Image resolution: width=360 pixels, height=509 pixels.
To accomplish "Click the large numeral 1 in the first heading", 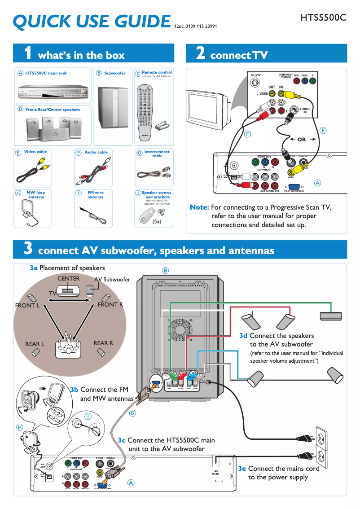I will (28, 54).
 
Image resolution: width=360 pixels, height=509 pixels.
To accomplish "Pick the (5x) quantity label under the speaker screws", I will (157, 222).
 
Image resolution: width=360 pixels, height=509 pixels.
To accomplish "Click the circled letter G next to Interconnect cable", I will (139, 153).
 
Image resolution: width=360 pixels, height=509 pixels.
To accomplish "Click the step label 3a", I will (33, 268).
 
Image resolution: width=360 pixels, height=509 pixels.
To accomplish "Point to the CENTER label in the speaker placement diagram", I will (68, 279).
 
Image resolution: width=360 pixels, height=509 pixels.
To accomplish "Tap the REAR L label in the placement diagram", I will (35, 344).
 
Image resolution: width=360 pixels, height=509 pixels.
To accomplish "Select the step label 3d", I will (243, 335).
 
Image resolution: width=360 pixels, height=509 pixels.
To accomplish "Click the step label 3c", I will (122, 440).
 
